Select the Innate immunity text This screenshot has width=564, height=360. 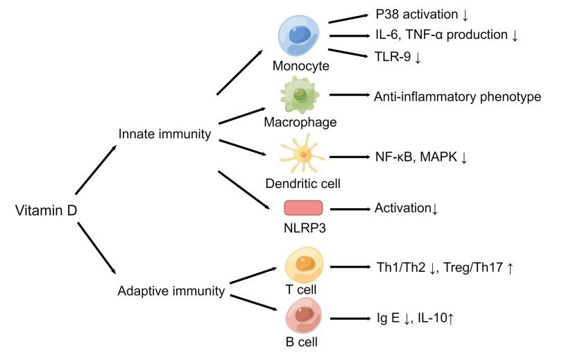point(164,134)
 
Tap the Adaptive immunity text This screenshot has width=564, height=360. point(171,291)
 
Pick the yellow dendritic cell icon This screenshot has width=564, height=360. point(302,157)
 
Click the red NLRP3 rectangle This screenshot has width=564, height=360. point(303,207)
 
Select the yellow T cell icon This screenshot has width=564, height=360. point(303,264)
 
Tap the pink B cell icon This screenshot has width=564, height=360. point(303,316)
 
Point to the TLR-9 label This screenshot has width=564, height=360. point(398,57)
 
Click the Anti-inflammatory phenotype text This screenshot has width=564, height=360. point(457,96)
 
